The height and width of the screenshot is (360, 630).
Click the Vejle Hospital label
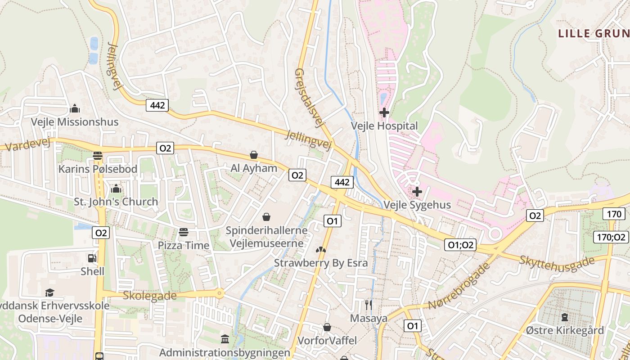384,126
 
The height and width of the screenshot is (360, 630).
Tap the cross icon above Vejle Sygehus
417,192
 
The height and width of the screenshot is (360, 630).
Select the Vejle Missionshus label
75,122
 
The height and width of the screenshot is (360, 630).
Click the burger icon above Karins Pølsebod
98,156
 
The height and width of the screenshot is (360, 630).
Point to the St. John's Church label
116,202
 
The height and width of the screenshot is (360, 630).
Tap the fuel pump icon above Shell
92,258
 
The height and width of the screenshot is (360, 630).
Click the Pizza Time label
183,245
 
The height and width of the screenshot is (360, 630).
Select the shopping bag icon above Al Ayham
254,155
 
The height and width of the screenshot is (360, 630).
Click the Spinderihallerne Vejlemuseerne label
266,237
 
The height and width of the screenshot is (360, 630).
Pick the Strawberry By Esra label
321,263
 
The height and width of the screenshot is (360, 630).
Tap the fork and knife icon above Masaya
369,305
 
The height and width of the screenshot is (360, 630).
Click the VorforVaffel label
327,340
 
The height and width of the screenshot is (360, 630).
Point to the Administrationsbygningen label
225,352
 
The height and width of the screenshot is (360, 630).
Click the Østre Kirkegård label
565,330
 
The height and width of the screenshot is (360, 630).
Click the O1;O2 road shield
461,245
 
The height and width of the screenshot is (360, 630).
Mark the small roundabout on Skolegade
219,294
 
